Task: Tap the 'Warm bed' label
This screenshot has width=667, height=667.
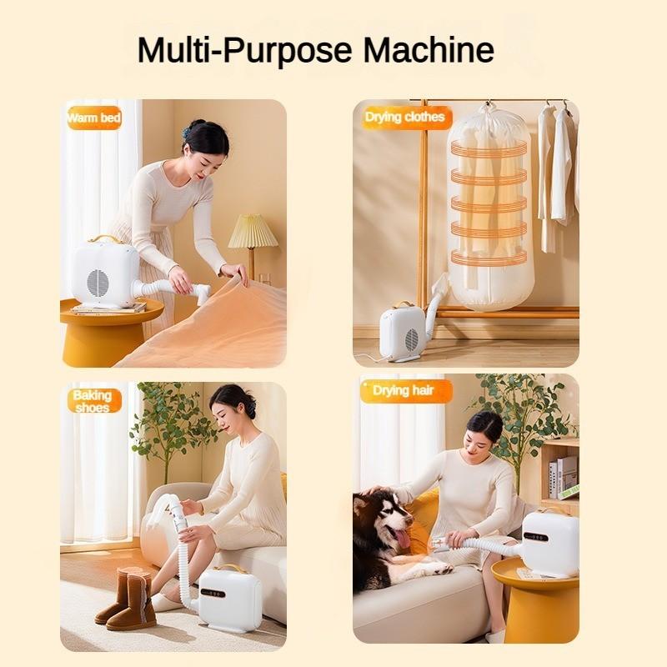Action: [93, 118]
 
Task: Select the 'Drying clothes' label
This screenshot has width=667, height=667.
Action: [404, 118]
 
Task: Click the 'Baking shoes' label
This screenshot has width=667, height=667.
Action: [92, 401]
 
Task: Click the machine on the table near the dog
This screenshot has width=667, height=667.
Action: [549, 543]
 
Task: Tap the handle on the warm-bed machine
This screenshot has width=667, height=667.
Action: [105, 239]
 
